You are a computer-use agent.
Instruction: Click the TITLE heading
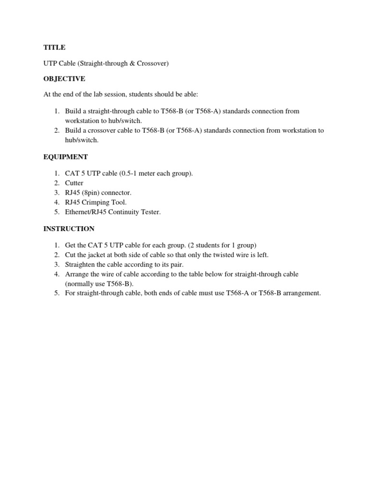54,48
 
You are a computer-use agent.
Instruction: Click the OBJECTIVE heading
64,78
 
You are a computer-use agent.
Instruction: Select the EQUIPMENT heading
66,157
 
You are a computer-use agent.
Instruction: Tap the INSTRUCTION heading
69,229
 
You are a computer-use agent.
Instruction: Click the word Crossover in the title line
153,63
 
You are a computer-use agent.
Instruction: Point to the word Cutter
74,183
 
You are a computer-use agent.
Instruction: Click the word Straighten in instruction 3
80,264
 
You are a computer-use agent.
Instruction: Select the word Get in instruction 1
71,245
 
